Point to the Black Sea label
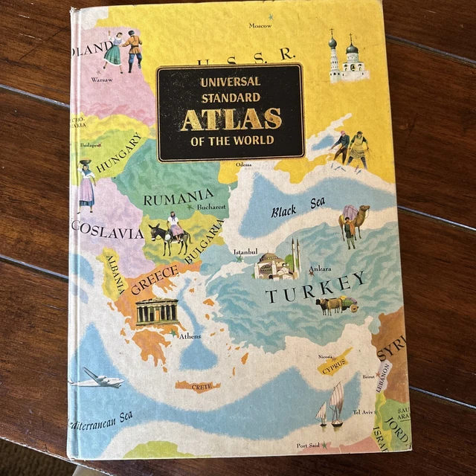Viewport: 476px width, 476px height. pos(298,209)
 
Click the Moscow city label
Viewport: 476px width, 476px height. pos(260,26)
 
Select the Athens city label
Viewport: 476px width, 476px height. pos(190,336)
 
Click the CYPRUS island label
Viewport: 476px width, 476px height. pos(335,364)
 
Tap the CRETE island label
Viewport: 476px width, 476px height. pos(203,387)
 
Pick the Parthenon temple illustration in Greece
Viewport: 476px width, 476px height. pos(156,310)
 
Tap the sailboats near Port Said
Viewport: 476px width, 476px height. pos(331,405)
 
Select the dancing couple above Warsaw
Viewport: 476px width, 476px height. pos(123,49)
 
